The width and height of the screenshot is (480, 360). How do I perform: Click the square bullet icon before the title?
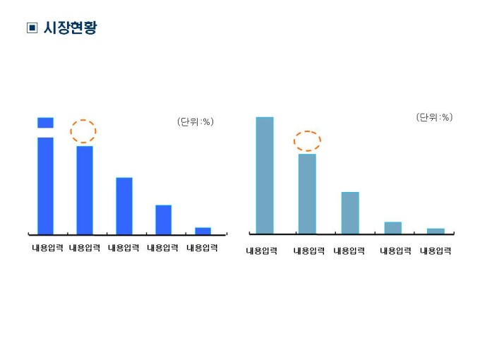[x=31, y=29]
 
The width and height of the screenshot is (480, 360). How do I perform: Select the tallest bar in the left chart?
[x=45, y=184]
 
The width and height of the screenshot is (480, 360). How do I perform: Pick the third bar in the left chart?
[x=124, y=205]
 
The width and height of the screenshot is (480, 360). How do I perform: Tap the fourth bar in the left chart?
[x=163, y=219]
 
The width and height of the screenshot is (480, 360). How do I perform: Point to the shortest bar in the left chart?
[x=203, y=230]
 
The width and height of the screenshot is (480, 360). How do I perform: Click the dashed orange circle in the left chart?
[x=83, y=131]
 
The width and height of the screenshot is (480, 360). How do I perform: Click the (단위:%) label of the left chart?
[x=195, y=122]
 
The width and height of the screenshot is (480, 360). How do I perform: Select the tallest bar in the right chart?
[x=264, y=175]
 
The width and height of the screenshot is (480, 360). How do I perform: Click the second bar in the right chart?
[x=307, y=193]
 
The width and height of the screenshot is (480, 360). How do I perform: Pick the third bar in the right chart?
[x=350, y=212]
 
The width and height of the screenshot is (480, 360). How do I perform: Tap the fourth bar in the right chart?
[x=392, y=227]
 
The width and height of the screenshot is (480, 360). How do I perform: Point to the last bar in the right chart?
[x=436, y=231]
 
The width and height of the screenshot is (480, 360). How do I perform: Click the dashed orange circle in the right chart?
[x=307, y=140]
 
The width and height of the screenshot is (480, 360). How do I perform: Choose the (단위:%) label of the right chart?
[x=434, y=117]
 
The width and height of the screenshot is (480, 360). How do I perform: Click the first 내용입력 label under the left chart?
[x=47, y=248]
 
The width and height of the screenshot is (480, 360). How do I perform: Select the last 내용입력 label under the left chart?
[x=202, y=248]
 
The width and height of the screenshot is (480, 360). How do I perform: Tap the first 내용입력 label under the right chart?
[x=261, y=251]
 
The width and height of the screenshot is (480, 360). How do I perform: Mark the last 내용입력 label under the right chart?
[x=436, y=251]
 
